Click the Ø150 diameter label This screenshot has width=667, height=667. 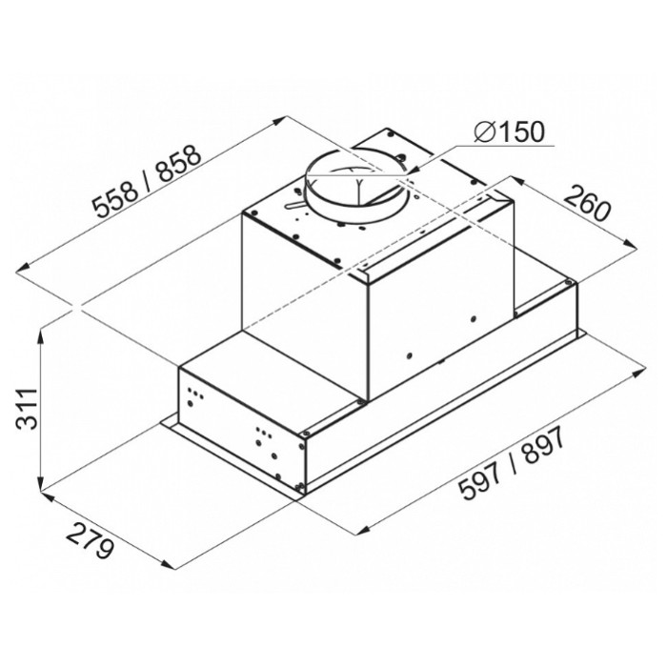click(x=509, y=131)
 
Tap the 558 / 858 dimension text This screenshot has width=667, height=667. click(x=147, y=182)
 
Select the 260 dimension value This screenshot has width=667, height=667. click(x=588, y=204)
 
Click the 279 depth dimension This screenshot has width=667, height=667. click(x=91, y=541)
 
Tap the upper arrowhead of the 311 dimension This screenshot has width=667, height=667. click(x=41, y=337)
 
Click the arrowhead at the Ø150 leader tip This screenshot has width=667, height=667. click(x=413, y=171)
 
